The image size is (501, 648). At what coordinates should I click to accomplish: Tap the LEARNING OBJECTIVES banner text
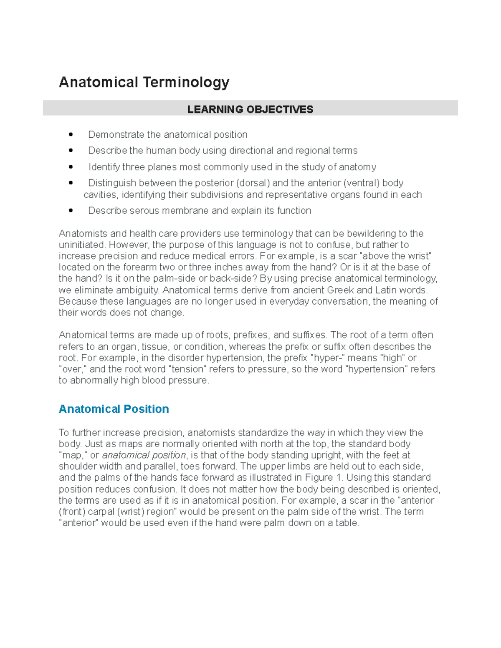250,109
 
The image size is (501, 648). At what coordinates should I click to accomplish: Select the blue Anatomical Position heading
114,409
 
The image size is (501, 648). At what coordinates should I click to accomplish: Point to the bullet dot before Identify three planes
71,167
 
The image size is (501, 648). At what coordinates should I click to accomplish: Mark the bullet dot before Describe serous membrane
71,211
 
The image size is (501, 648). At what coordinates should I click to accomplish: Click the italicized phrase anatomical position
144,455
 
